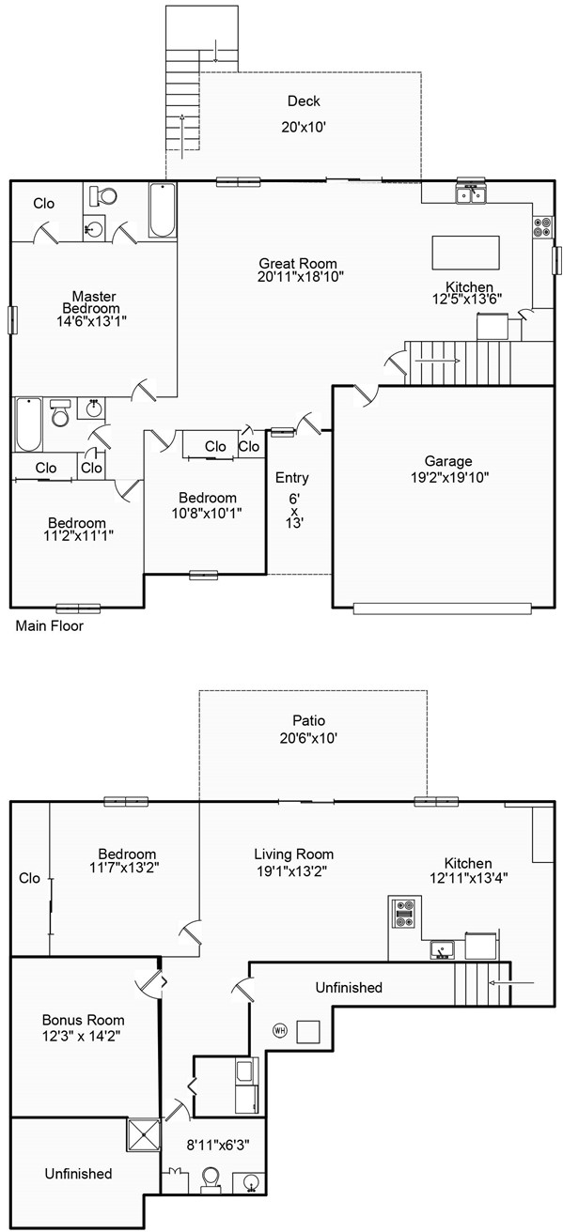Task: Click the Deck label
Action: point(304,101)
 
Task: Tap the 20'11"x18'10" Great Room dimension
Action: point(301,277)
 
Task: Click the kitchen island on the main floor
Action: point(465,253)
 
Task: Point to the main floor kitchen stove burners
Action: point(542,227)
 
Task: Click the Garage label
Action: point(448,461)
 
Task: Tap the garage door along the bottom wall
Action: point(442,608)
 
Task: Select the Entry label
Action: point(291,478)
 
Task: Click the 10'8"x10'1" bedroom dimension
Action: point(207,513)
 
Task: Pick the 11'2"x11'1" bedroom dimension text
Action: point(78,535)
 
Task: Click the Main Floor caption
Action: point(50,626)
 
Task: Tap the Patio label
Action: point(308,720)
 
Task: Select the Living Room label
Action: point(294,855)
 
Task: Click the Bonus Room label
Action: point(83,1020)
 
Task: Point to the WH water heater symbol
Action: point(279,1030)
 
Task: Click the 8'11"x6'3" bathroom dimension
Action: point(218,1145)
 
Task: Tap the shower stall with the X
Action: point(144,1134)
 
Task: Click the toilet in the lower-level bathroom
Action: point(211,1179)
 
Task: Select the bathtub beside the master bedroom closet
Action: point(163,210)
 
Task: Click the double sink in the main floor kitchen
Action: point(471,194)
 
